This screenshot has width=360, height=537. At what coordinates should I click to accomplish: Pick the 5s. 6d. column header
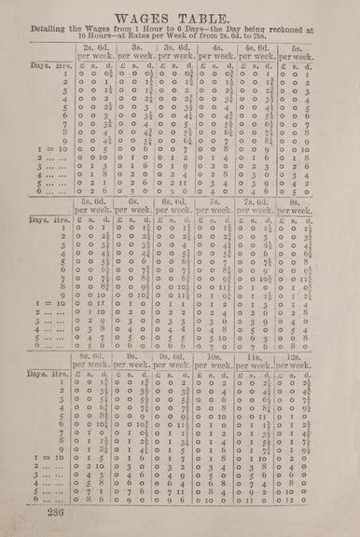tap(94, 200)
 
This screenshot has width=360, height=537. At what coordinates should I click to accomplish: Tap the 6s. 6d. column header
tap(177, 200)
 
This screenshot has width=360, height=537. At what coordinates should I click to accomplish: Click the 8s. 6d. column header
tap(94, 356)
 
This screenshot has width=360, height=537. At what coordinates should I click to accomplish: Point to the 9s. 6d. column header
tap(177, 356)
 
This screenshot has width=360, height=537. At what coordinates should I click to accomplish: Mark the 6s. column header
tap(136, 200)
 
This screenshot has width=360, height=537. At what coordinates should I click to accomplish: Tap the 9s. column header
tap(136, 356)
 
